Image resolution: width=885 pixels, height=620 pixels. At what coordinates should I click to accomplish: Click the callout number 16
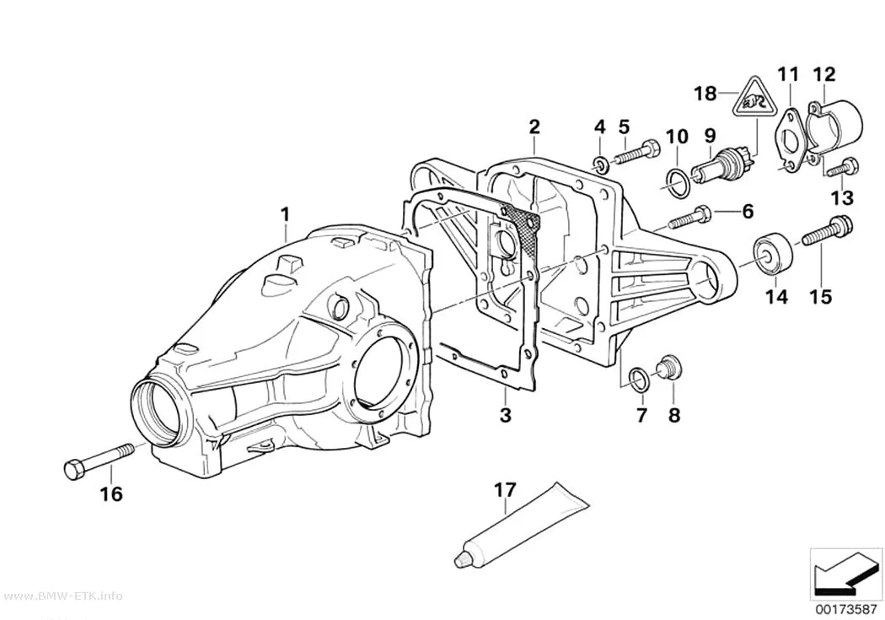111,494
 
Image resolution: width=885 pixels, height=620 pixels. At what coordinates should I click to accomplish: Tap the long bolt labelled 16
99,460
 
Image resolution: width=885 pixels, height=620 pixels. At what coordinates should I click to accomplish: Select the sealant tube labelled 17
522,525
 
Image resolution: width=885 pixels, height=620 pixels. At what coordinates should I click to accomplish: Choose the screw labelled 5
636,151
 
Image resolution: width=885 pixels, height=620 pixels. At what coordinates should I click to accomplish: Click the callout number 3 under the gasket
506,414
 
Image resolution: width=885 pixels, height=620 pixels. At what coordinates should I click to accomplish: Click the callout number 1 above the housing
285,215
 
